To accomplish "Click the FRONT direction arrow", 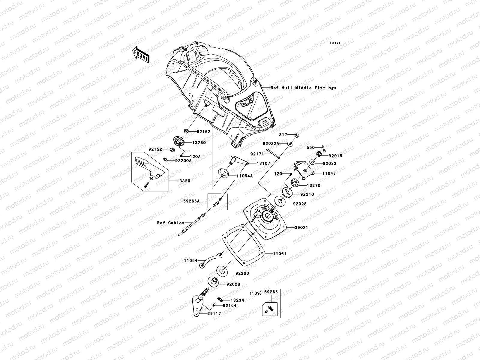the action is click(x=141, y=54).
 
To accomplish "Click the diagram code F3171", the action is click(x=335, y=43).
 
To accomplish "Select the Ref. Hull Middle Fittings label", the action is click(x=303, y=88).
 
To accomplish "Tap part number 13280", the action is click(x=199, y=142).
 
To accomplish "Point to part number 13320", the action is click(x=184, y=181).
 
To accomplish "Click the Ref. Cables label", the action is click(x=171, y=223).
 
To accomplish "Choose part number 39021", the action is click(x=301, y=227).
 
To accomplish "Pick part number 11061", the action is click(x=280, y=253).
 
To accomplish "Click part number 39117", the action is click(x=214, y=313).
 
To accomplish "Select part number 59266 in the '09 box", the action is click(x=271, y=292).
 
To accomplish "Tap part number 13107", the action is click(x=263, y=163).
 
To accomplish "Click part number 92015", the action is click(x=335, y=156).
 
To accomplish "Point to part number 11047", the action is click(x=329, y=173).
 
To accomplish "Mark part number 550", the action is click(x=310, y=148).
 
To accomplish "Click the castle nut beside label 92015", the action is click(x=319, y=154).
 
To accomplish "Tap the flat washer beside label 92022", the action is click(x=313, y=162).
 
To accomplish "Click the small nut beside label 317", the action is click(x=297, y=135).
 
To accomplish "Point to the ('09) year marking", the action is click(x=256, y=293).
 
